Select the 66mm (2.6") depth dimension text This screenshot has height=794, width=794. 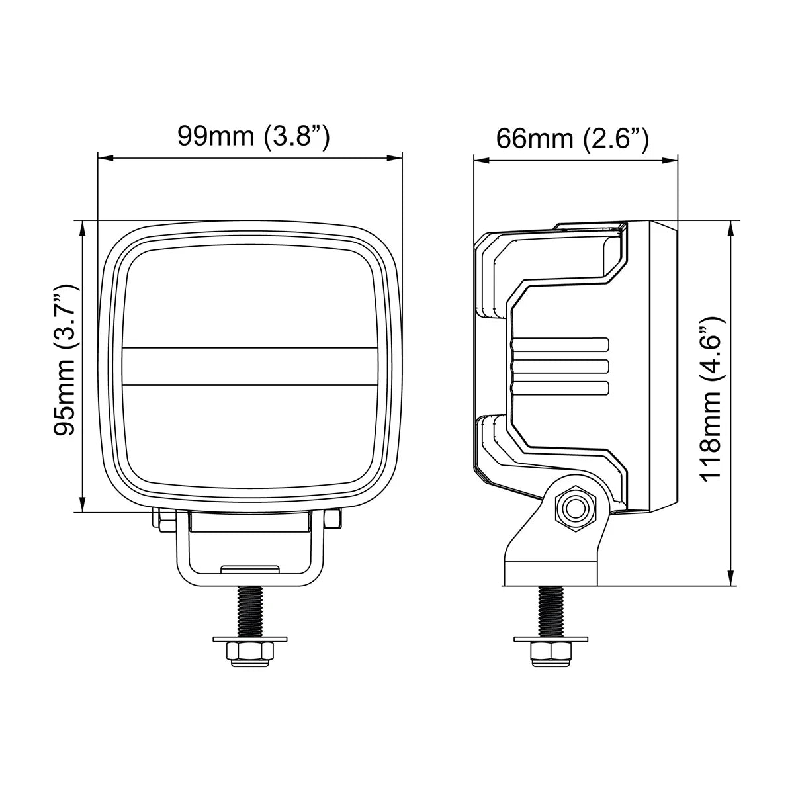click(x=572, y=138)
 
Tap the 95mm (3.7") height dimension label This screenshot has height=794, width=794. click(x=65, y=359)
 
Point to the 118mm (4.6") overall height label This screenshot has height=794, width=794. click(x=711, y=398)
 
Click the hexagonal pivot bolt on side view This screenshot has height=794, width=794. click(x=576, y=509)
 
